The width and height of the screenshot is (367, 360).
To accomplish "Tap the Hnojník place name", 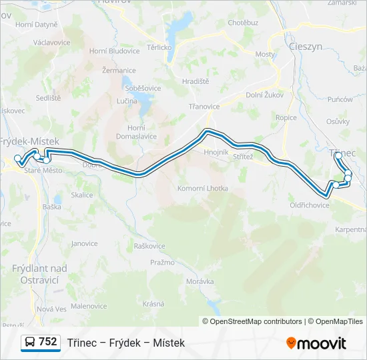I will (216, 152).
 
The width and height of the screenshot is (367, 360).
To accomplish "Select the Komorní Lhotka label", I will (202, 188).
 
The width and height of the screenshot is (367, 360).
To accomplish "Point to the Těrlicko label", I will (160, 47).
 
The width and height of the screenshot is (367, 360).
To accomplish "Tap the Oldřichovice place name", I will (310, 205).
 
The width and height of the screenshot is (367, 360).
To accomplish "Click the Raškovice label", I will (149, 246).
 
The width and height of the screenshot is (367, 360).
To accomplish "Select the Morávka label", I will (200, 281).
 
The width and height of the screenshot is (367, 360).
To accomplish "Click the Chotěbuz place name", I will (243, 23).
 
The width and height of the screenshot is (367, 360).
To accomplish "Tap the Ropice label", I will (286, 117).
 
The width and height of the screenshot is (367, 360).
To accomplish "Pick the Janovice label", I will (85, 243).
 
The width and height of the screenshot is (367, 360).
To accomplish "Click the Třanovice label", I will (204, 106).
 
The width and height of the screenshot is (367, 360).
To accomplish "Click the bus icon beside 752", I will (30, 342).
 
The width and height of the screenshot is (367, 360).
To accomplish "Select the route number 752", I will (47, 341).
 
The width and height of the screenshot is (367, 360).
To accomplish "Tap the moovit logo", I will (316, 343).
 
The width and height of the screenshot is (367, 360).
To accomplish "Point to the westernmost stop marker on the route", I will (18, 159).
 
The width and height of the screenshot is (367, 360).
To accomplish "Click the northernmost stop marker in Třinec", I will (338, 155).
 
